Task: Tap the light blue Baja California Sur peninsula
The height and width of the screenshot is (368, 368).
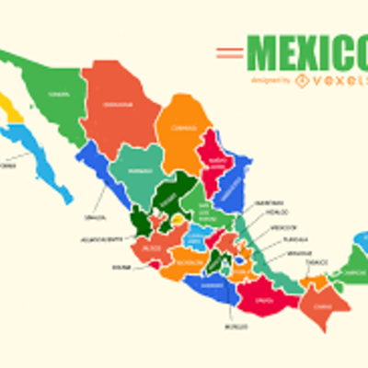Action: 46,162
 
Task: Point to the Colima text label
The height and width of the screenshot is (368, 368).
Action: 121,269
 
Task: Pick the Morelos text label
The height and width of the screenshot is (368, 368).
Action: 236,326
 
